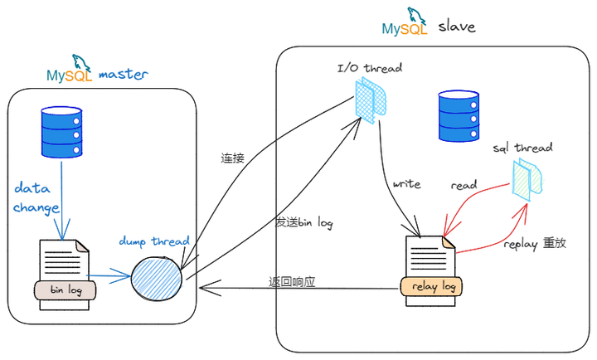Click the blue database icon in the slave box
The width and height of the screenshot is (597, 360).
(x=459, y=117)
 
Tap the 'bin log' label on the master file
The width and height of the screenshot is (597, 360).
(x=66, y=290)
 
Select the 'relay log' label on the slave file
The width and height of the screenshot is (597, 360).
(x=430, y=287)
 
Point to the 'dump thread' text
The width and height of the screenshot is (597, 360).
(x=154, y=241)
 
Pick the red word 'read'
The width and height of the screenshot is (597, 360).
(x=464, y=186)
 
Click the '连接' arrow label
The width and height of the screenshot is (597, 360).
(x=232, y=158)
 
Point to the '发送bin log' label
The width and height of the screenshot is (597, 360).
(x=304, y=223)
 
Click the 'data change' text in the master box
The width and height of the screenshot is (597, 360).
(x=36, y=197)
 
